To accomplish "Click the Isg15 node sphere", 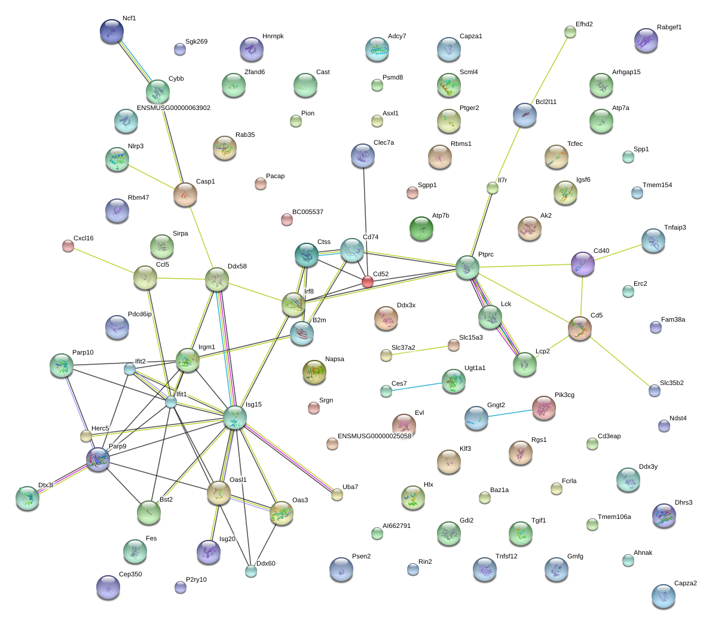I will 235,417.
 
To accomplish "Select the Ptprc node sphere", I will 467,267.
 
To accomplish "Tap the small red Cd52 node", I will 367,282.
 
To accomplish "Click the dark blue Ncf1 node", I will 112,31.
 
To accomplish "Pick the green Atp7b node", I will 421,228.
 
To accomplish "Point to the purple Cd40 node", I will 582,264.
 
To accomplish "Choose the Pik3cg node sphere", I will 543,408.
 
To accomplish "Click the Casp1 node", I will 185,194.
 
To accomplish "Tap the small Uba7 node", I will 337,494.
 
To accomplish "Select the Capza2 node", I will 663,595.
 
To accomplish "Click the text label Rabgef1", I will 669,28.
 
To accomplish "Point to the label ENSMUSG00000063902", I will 173,108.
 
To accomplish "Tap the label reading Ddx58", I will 237,267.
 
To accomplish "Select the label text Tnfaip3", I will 675,228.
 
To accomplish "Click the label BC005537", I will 307,212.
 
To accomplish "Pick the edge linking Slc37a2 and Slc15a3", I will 420,350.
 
